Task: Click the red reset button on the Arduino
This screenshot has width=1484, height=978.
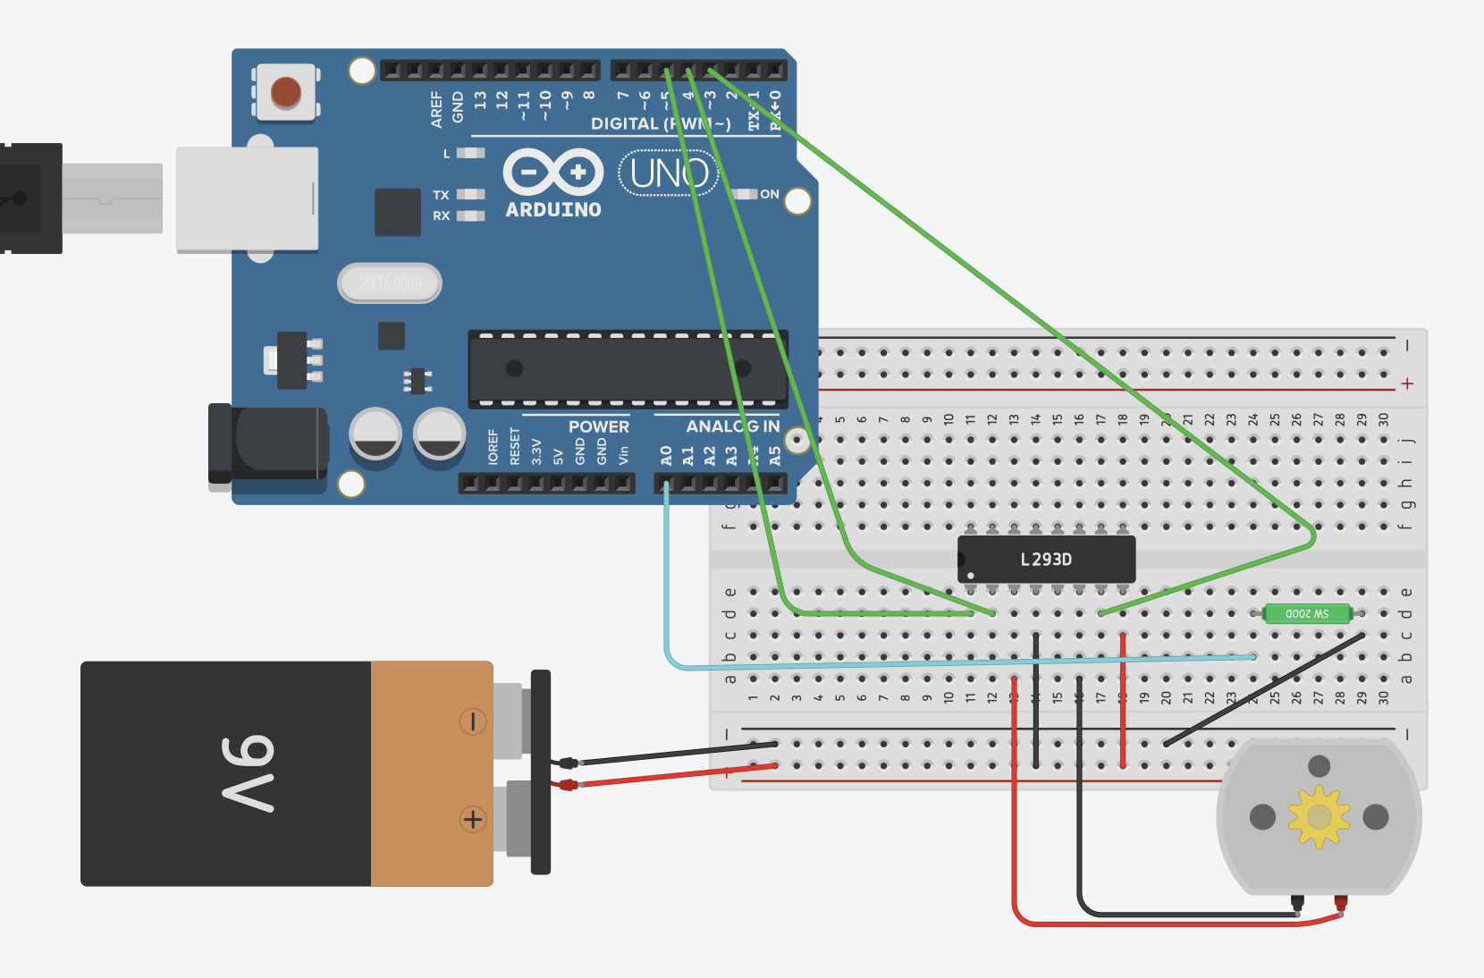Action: click(286, 92)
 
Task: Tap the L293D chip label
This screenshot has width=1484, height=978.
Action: click(1046, 560)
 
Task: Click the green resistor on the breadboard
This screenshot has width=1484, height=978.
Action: click(1307, 613)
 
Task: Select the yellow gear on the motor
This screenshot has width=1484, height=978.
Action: click(1319, 816)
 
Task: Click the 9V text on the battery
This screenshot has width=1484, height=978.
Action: click(248, 774)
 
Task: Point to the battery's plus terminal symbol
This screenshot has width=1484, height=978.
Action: click(473, 819)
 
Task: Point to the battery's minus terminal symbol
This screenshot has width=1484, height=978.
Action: click(473, 721)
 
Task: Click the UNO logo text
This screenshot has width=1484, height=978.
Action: click(669, 173)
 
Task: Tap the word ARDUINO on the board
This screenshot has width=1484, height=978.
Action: click(553, 210)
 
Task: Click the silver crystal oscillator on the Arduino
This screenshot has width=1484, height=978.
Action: click(390, 283)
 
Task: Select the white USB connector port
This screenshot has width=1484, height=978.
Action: click(247, 198)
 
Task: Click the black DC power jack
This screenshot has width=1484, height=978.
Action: click(268, 444)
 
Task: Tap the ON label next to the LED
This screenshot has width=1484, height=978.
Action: click(770, 194)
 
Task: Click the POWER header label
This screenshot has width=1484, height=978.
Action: click(598, 427)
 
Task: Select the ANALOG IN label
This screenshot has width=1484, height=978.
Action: click(732, 427)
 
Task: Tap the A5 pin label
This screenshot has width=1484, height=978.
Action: click(774, 456)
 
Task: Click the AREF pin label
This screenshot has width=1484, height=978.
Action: click(436, 108)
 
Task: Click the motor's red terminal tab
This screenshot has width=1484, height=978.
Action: click(1340, 903)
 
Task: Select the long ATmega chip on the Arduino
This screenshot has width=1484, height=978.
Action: click(628, 368)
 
